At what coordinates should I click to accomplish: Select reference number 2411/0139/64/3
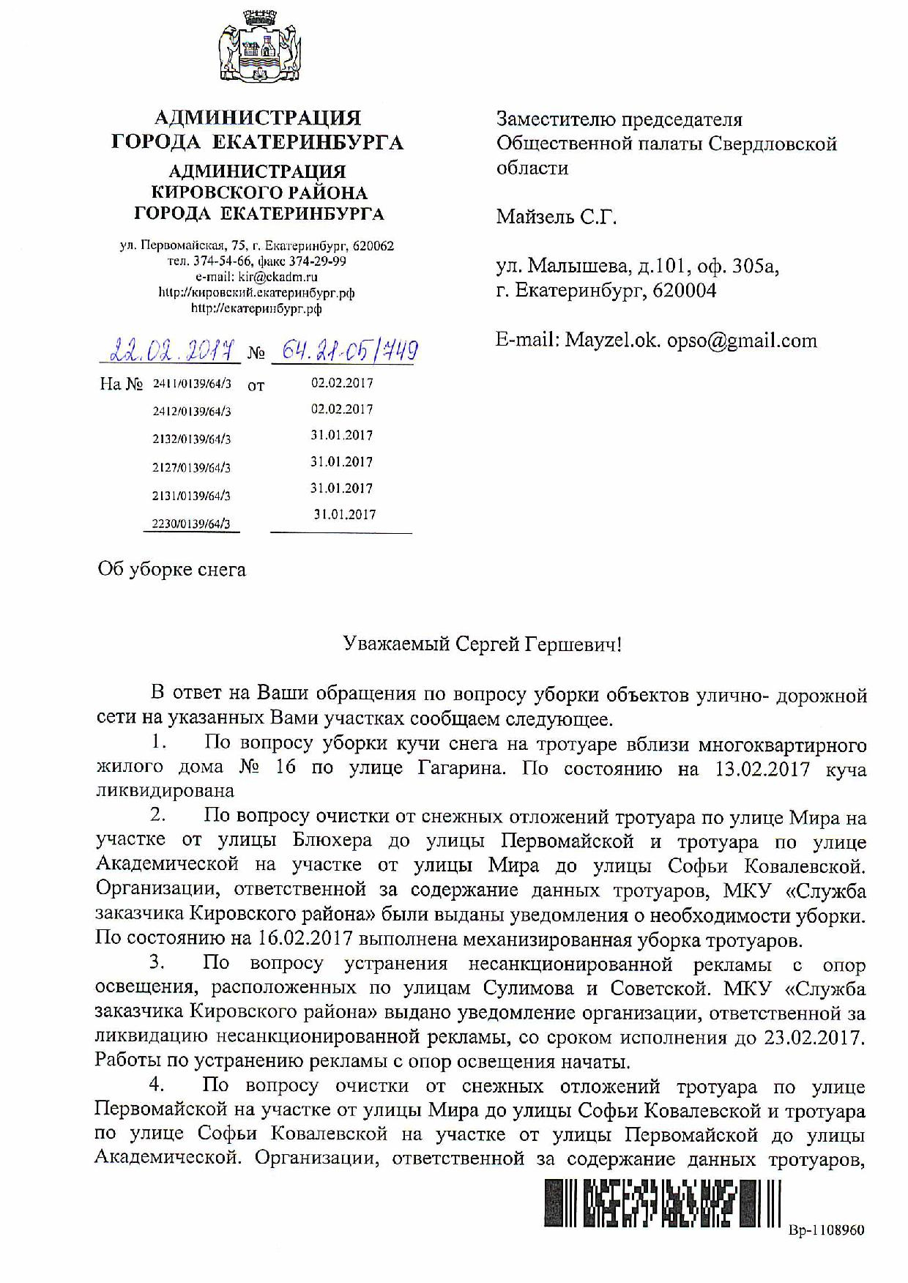click(192, 383)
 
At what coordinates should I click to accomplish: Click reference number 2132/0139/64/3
click(192, 439)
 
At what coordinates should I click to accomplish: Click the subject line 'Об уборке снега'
click(171, 570)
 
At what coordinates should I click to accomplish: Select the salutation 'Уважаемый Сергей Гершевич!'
click(483, 644)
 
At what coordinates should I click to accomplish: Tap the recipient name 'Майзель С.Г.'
click(557, 217)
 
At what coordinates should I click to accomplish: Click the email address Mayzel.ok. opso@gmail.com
click(691, 341)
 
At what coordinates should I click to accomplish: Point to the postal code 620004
click(684, 291)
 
